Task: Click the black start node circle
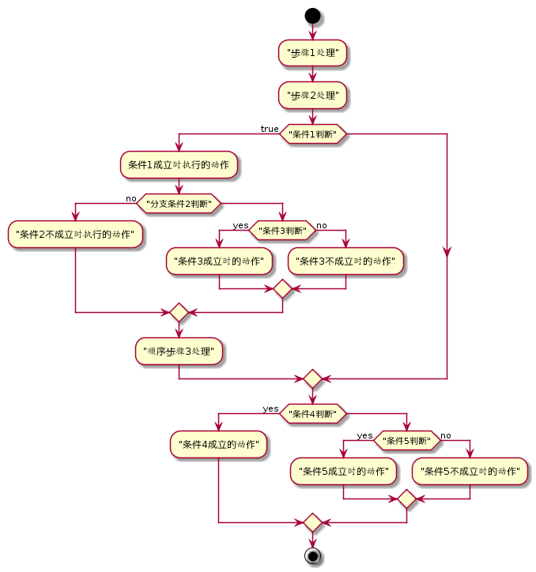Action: (312, 16)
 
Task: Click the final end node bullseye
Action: (312, 556)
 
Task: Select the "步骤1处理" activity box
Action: (312, 53)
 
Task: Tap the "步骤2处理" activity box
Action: (312, 96)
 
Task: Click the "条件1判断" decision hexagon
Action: (313, 134)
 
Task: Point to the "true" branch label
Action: (270, 129)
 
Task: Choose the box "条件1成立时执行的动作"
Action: (179, 165)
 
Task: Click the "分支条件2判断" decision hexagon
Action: (179, 204)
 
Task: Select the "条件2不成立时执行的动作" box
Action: (75, 234)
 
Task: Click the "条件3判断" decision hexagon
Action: (282, 231)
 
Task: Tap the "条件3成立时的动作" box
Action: (219, 262)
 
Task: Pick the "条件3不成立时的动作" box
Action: (345, 262)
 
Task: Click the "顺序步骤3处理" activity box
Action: (179, 352)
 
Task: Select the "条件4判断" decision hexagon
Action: (313, 414)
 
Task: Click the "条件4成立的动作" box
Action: (218, 444)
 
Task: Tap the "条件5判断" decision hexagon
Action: (407, 441)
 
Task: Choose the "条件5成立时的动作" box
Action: (343, 472)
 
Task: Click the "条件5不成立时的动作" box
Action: (470, 472)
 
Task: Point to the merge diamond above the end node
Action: (312, 522)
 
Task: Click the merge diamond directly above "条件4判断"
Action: (312, 378)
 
